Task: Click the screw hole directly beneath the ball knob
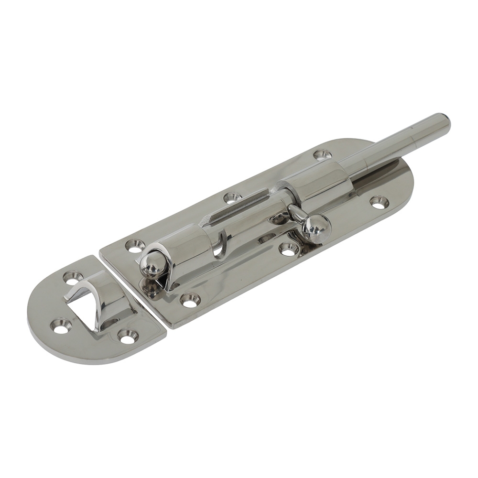[288, 249]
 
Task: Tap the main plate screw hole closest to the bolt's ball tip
[135, 246]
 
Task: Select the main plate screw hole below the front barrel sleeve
[190, 300]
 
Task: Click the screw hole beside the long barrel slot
[232, 196]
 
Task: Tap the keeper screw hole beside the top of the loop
[73, 277]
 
